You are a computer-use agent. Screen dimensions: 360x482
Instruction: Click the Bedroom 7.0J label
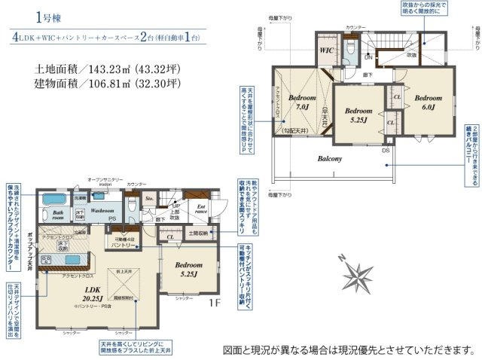302,103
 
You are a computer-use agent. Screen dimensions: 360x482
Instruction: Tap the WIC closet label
327,51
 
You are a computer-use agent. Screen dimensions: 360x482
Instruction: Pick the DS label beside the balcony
386,149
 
